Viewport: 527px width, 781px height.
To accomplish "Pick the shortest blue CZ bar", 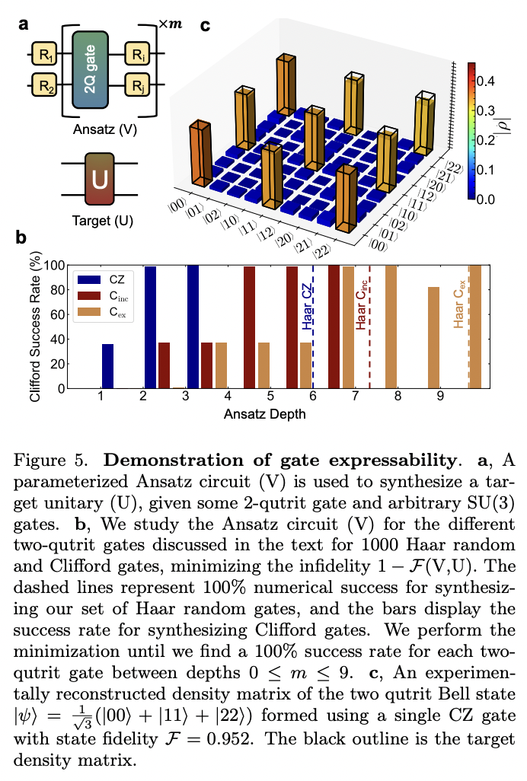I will click(107, 366).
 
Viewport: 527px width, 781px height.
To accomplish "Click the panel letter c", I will click(205, 26).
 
